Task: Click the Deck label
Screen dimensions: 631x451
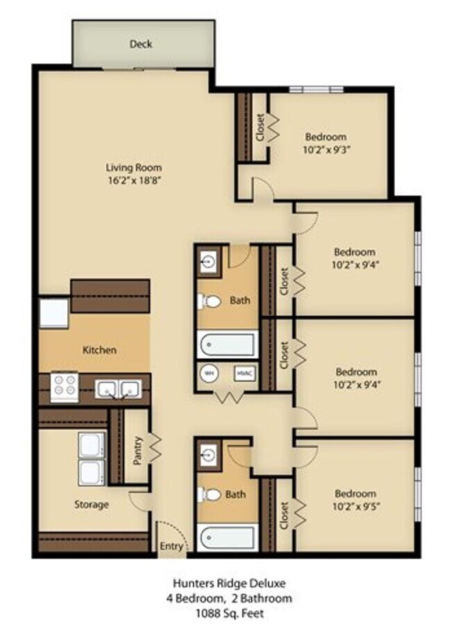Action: [141, 44]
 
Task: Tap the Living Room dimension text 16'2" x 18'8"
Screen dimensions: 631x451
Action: [134, 180]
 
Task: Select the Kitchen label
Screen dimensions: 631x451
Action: [99, 350]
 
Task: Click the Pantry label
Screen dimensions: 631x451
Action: [137, 451]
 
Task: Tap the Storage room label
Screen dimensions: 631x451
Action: [92, 505]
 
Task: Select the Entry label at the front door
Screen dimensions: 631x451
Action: [171, 546]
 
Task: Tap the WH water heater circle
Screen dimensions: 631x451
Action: [210, 373]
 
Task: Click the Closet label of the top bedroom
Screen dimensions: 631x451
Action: [259, 128]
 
